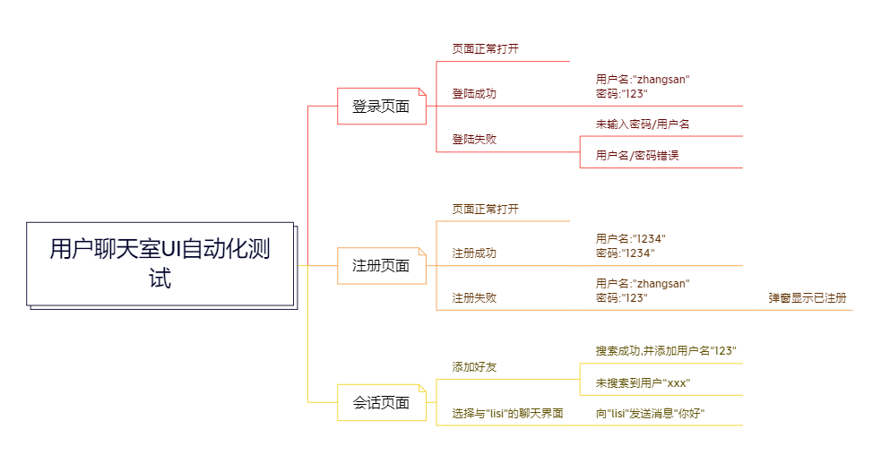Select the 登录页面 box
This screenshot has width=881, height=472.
[381, 107]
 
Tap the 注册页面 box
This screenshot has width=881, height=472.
[381, 266]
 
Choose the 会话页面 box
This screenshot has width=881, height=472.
[381, 403]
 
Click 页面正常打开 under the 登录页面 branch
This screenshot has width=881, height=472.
[485, 49]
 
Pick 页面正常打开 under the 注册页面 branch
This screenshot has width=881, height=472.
[485, 210]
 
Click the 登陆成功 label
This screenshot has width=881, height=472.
[474, 93]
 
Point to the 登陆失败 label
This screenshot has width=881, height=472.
[474, 140]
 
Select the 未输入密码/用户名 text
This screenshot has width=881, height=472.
[642, 124]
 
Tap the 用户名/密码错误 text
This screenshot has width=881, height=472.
[637, 156]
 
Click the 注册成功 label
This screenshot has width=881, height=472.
[474, 253]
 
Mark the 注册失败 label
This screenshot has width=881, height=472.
[474, 298]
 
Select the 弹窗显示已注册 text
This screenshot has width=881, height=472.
[807, 298]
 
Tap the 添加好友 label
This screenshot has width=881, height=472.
[474, 367]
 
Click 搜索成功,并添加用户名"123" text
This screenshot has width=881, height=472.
[666, 351]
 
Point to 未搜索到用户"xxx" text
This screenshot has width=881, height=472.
[643, 383]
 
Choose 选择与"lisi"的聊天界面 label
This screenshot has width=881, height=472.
[507, 414]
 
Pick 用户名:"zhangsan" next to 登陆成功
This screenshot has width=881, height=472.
[643, 80]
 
